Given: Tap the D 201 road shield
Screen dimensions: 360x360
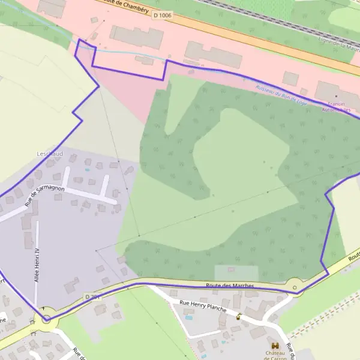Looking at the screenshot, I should click(91, 296).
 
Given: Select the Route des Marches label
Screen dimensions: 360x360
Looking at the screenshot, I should click(230, 286).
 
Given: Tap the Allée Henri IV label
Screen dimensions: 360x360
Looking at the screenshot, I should click(37, 265).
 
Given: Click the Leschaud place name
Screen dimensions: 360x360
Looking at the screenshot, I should click(49, 154).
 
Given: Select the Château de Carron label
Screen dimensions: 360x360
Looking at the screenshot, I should click(275, 355).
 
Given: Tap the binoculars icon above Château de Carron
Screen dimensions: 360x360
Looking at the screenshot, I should click(275, 346).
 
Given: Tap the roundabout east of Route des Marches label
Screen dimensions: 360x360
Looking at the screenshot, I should click(295, 287).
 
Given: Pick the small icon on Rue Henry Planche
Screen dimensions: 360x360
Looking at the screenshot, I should click(238, 317).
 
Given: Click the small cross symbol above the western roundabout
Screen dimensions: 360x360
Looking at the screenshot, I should click(43, 308).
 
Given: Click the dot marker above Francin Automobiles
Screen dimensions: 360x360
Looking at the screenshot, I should click(337, 95).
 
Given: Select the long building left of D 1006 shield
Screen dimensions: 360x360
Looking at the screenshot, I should click(137, 36).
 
